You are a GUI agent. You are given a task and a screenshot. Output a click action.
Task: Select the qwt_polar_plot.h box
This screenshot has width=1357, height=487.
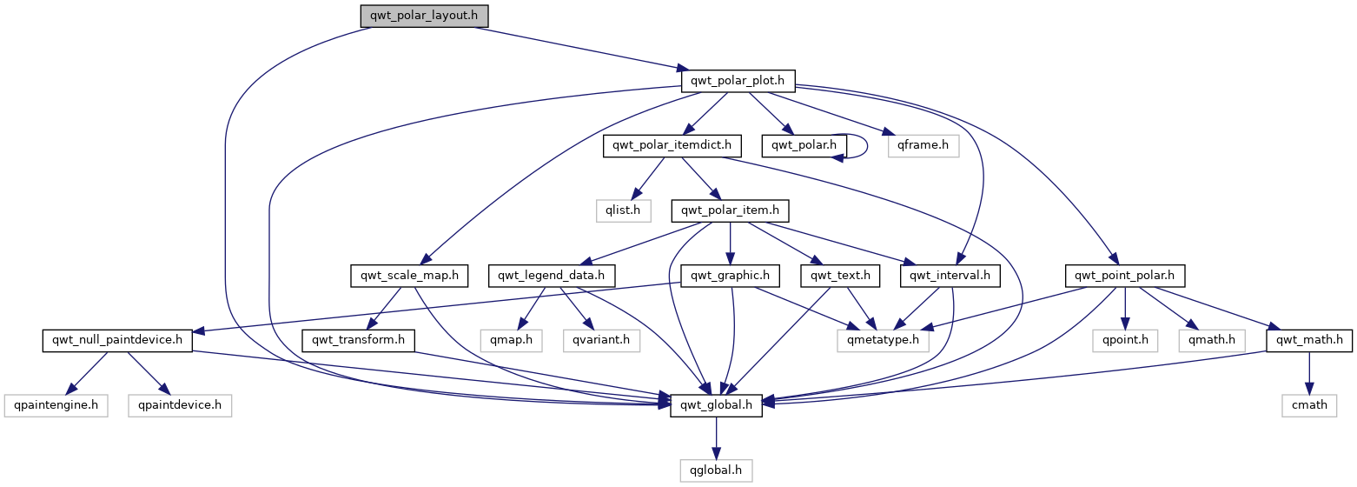(x=738, y=81)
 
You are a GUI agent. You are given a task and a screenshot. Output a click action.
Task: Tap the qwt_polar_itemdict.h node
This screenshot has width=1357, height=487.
(x=667, y=145)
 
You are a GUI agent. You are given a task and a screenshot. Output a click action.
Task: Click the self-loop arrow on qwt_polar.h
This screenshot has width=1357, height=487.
(x=867, y=145)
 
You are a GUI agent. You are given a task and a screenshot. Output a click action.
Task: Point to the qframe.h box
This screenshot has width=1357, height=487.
(x=923, y=145)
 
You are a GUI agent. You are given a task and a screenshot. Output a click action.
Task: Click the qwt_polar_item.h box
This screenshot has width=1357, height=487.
(x=730, y=210)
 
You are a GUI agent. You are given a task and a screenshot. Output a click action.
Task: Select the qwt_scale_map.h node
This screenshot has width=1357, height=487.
(x=408, y=276)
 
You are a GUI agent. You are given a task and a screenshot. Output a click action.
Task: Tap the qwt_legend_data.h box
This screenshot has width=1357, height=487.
(x=552, y=276)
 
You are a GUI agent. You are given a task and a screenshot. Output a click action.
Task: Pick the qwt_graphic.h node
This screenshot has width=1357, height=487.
(x=730, y=276)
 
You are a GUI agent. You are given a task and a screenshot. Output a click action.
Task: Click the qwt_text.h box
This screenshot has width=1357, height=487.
(x=841, y=276)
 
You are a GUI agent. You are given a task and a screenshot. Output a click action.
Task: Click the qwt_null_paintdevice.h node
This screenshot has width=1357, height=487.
(x=117, y=340)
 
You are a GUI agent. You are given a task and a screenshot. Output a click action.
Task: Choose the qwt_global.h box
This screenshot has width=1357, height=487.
(x=716, y=404)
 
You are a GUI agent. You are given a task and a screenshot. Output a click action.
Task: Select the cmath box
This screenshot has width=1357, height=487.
(x=1309, y=404)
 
